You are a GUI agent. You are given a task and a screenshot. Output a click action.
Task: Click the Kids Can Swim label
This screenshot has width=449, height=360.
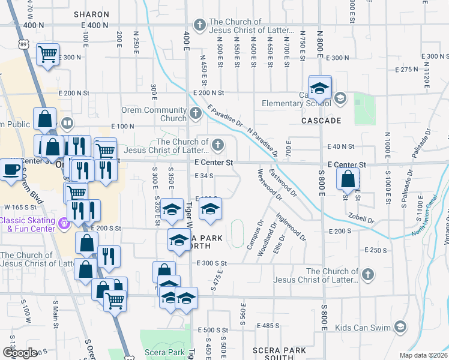(363, 328)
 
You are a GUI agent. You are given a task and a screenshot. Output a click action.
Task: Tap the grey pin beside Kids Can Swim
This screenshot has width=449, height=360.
(400, 328)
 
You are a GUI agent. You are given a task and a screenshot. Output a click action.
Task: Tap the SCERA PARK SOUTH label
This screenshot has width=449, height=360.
(273, 353)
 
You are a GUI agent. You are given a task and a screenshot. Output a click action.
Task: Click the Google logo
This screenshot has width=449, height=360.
(19, 352)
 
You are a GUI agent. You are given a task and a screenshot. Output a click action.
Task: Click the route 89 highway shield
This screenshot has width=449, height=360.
(22, 44)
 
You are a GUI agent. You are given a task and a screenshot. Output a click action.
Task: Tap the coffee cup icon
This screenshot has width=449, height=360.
(10, 169)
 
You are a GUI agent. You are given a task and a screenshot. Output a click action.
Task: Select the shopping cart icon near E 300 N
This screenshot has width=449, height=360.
(47, 55)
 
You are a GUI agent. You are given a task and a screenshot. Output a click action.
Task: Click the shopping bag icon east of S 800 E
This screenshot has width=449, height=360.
(348, 178)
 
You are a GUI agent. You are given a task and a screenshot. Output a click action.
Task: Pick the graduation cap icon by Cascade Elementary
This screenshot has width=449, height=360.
(320, 88)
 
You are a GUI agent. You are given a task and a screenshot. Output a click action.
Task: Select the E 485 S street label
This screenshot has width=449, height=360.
(268, 326)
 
